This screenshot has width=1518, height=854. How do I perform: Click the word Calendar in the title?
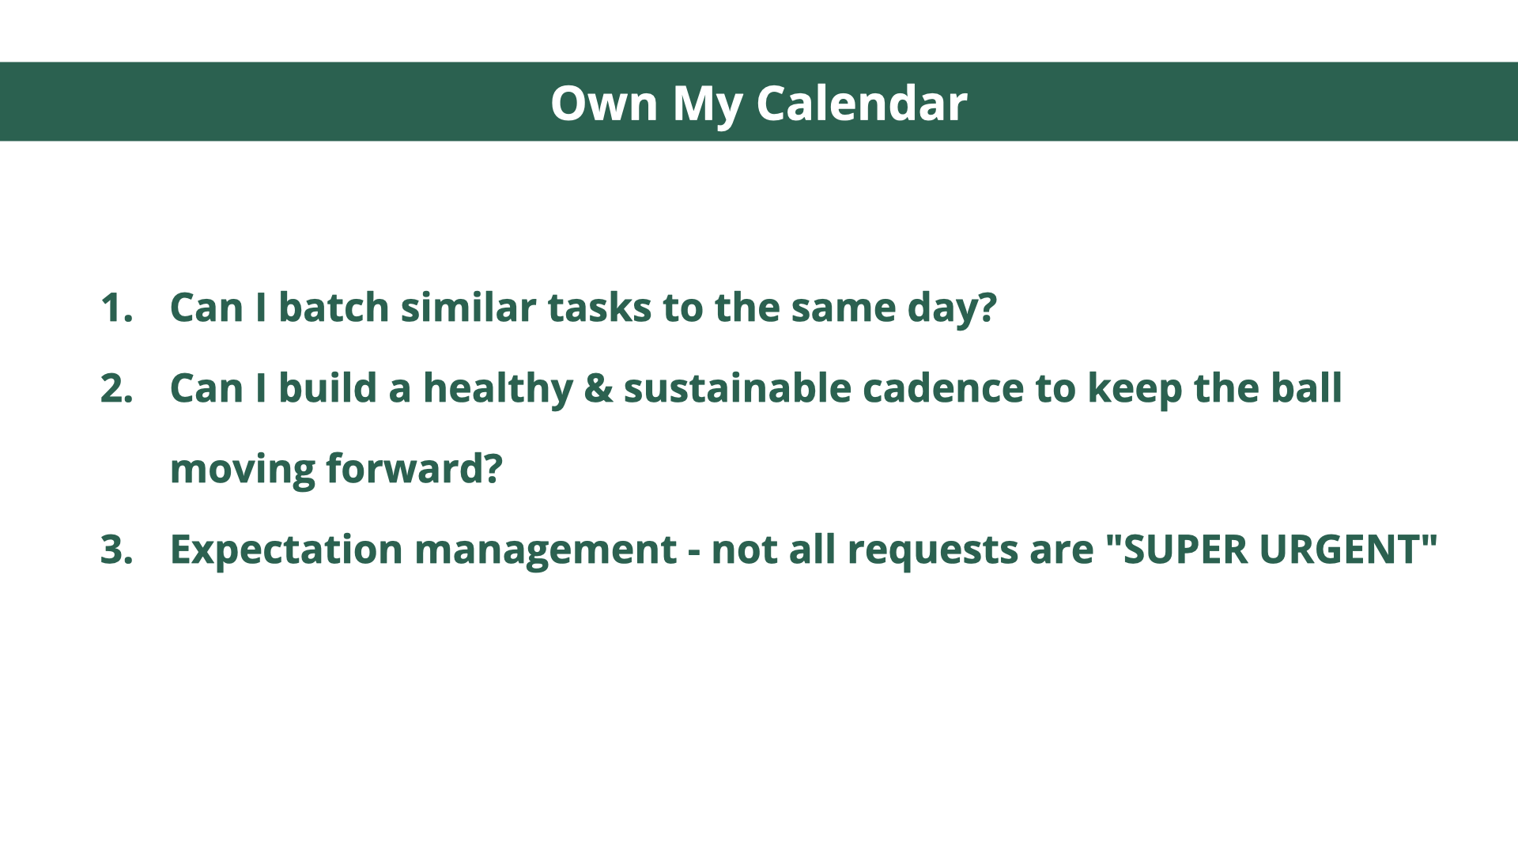coord(862,103)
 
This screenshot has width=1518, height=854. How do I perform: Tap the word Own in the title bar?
coord(604,103)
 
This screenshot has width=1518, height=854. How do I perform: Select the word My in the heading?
coord(707,105)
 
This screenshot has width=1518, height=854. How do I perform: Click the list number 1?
coord(116,307)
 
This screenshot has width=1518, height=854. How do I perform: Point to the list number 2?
coord(116,387)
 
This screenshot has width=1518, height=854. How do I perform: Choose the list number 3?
coord(116,549)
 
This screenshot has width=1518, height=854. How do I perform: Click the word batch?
coord(334,307)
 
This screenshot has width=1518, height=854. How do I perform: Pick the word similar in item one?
coord(469,307)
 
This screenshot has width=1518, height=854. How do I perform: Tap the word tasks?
coord(599,308)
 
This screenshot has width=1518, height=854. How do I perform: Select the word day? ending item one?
coord(952,308)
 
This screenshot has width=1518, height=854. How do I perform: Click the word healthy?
coord(498,389)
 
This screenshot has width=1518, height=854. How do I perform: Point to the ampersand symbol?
coord(599,388)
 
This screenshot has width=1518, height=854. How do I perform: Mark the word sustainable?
coord(737,387)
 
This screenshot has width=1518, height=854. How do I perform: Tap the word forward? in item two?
coord(414,468)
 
